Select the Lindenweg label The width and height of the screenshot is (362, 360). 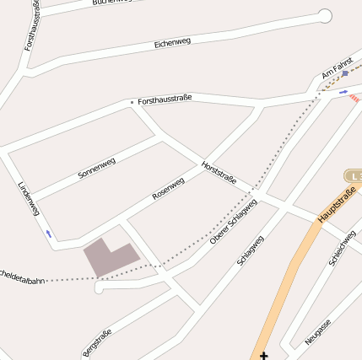pyautogui.click(x=28, y=198)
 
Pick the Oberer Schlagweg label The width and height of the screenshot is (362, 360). pyautogui.click(x=233, y=223)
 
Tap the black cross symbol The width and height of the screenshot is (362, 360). pyautogui.click(x=264, y=356)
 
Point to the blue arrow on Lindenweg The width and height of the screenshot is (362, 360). pyautogui.click(x=50, y=233)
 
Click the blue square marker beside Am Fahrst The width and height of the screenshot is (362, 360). pyautogui.click(x=344, y=73)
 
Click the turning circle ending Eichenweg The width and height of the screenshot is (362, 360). pyautogui.click(x=325, y=15)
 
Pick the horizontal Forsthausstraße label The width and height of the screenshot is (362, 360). pyautogui.click(x=165, y=98)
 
